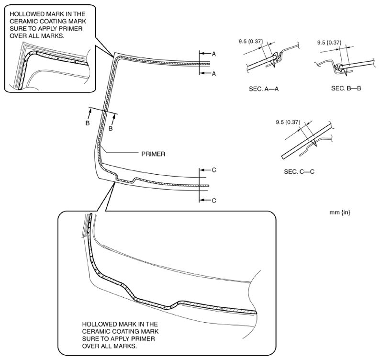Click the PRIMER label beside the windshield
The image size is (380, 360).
(x=154, y=154)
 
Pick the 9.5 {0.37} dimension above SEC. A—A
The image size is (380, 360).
(x=253, y=42)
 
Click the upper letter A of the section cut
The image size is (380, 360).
(x=213, y=54)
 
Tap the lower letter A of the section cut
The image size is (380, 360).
(x=213, y=73)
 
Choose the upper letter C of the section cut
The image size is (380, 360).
(x=214, y=170)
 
